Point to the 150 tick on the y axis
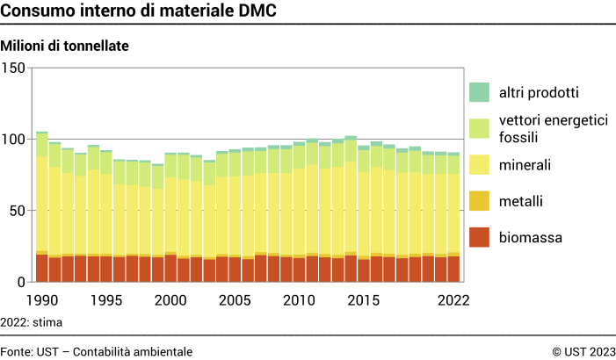coord(15,68)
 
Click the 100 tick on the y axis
coord(15,139)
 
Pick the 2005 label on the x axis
coord(235,299)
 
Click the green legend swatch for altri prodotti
coord(479,92)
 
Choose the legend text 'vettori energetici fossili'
coord(552,128)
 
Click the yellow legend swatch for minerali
coord(479,165)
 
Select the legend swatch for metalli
coord(479,201)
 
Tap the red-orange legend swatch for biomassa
coord(479,237)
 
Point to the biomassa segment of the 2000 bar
coord(170,269)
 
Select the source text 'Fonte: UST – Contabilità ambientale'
coord(97,351)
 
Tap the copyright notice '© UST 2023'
coord(583,351)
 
